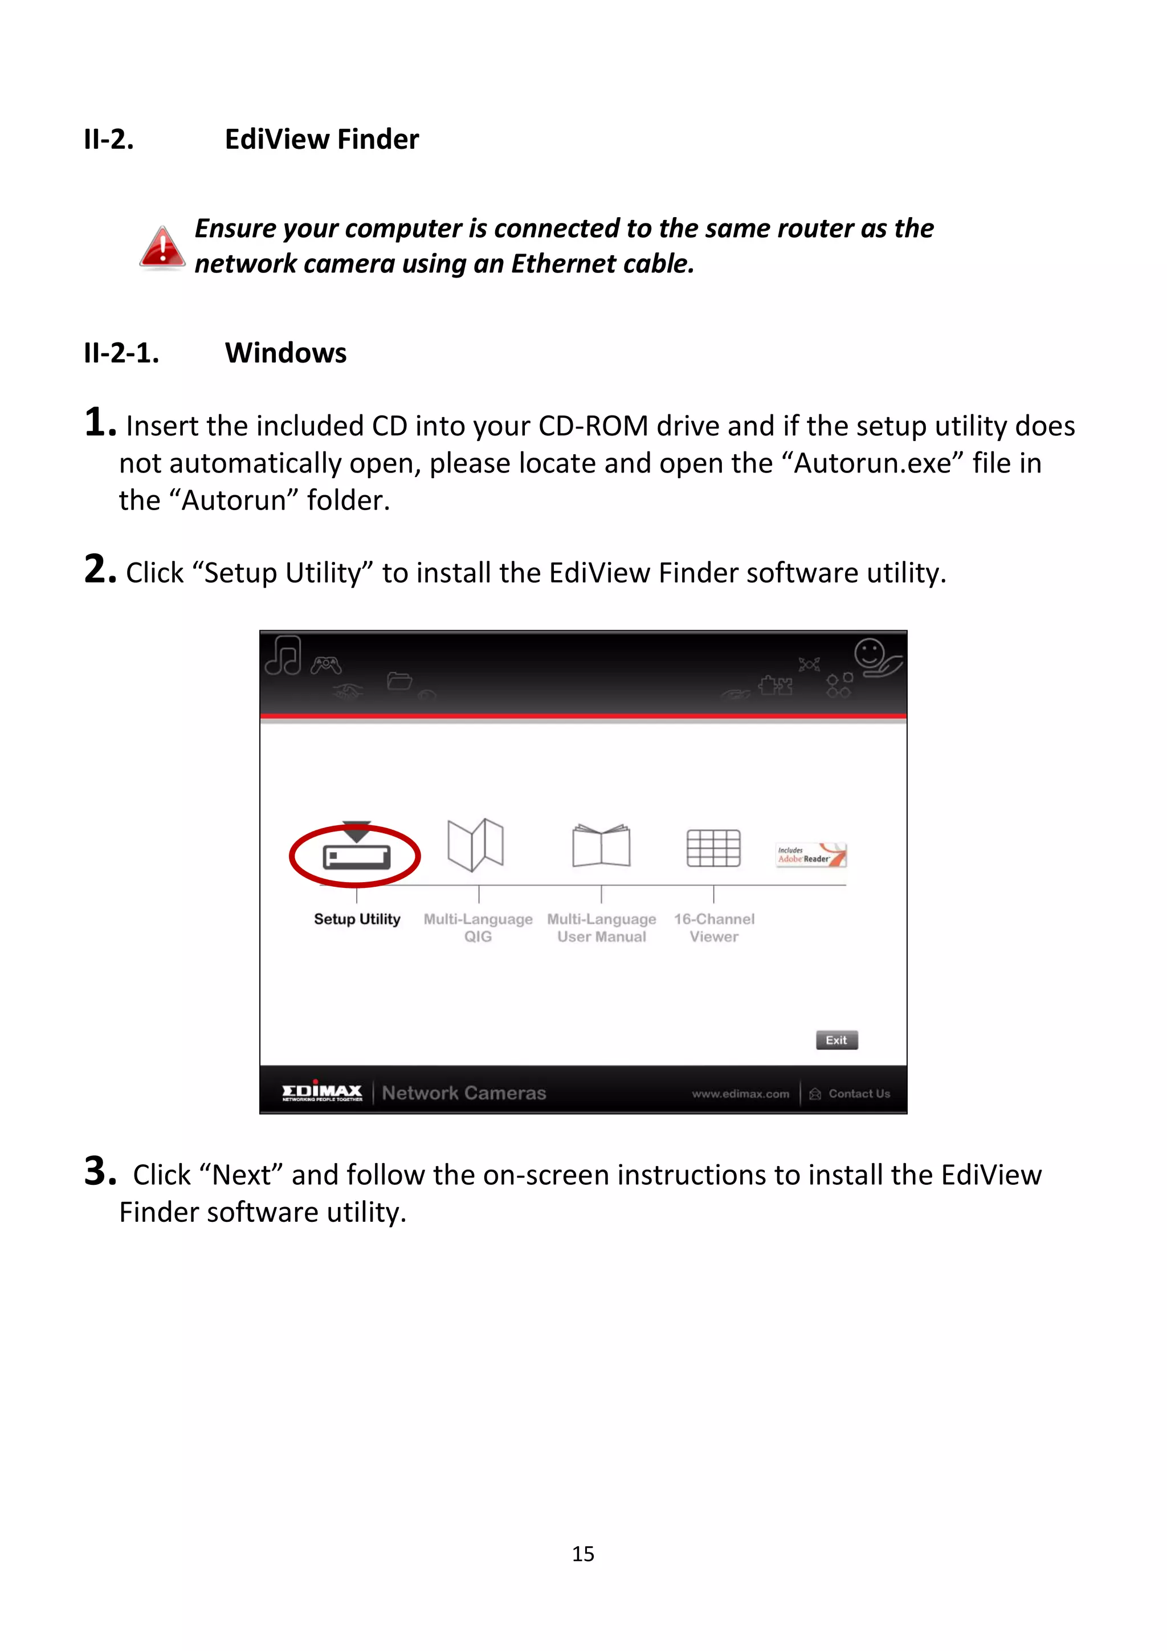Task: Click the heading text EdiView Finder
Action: point(321,140)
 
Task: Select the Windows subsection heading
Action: point(285,353)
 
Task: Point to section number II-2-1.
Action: point(121,353)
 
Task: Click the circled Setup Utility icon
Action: point(356,854)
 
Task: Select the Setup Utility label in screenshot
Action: point(357,919)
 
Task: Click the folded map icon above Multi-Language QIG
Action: point(475,845)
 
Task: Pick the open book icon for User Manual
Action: point(601,846)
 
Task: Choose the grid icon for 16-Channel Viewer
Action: point(713,848)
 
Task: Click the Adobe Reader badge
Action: point(810,855)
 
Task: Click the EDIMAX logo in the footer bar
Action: point(321,1093)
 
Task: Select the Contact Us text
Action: point(859,1094)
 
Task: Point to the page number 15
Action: point(583,1554)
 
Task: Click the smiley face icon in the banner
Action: point(868,654)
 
